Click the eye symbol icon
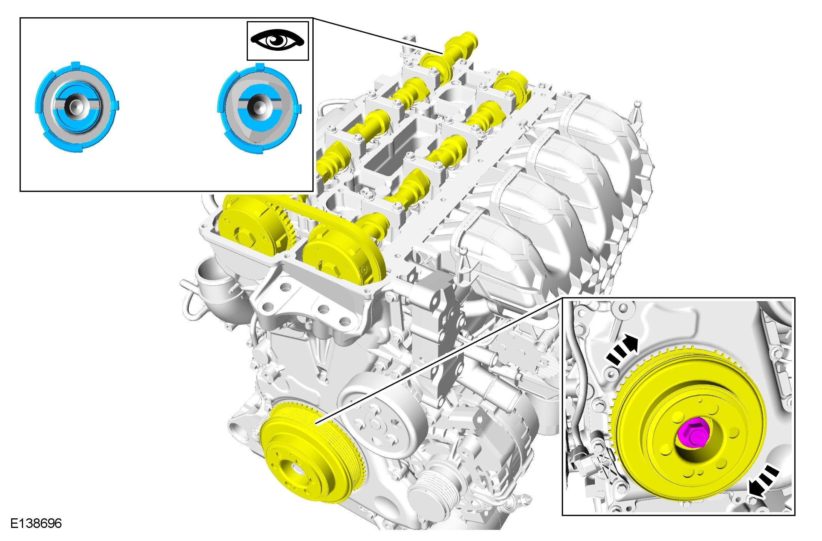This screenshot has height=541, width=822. point(277,40)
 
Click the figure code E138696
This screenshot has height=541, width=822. point(36,523)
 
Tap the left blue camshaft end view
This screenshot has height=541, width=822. point(77,107)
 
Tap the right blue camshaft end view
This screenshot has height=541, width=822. point(259,109)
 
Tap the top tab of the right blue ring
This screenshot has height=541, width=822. point(260,67)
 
